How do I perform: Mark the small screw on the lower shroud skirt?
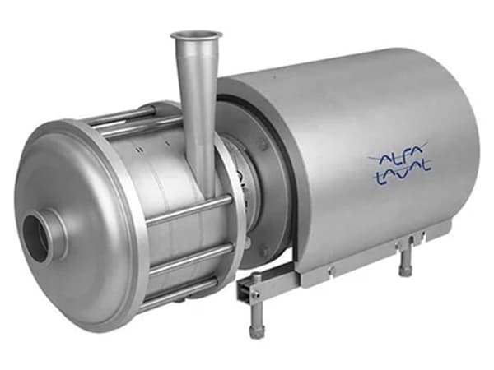tap(329, 268)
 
